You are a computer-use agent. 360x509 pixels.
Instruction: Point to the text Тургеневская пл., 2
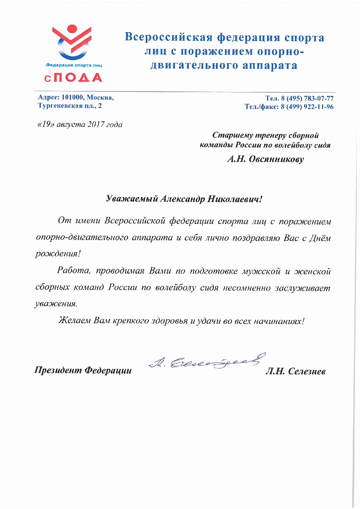(x=70, y=106)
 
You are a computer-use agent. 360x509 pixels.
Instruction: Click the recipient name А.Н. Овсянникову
(x=265, y=160)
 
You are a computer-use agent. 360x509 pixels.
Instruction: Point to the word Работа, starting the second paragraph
(x=74, y=270)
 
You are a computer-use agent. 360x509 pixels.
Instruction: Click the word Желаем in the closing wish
(x=74, y=320)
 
